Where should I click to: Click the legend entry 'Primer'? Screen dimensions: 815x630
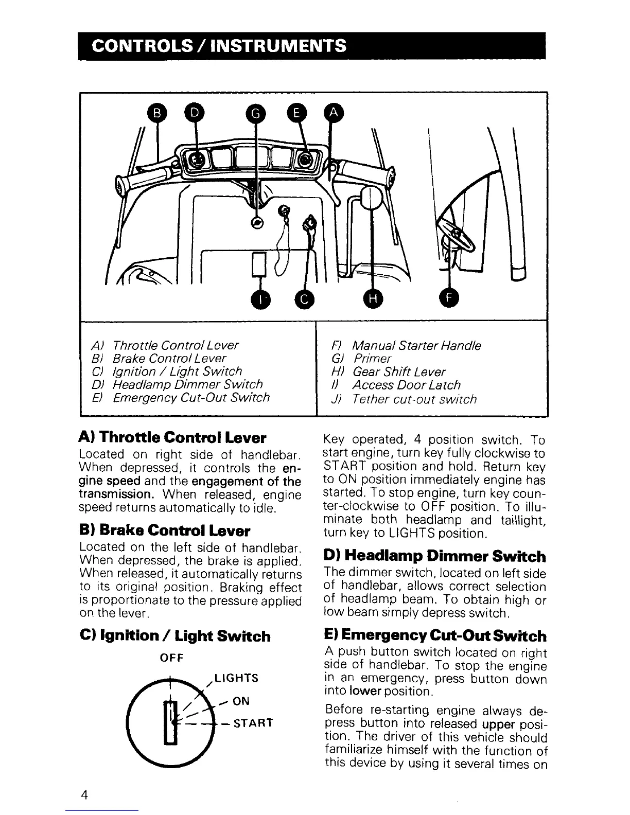tap(372, 358)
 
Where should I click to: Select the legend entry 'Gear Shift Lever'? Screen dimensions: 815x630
tap(399, 371)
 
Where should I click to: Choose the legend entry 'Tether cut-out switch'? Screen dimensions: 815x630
tap(414, 399)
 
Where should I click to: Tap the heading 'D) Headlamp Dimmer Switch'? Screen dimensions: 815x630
tap(434, 556)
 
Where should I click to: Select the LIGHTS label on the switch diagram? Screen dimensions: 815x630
tap(236, 678)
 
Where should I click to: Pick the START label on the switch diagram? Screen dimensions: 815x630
tap(252, 723)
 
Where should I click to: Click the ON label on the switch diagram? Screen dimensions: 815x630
tap(241, 701)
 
